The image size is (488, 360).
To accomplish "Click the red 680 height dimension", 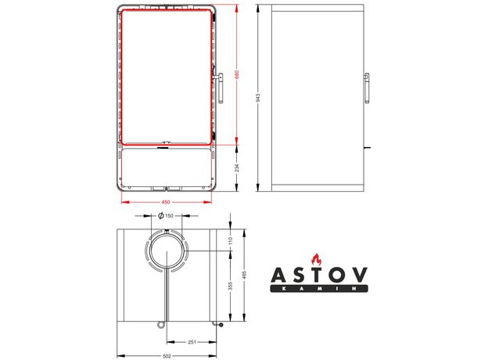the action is [x=236, y=74].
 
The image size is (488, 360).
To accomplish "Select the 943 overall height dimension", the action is [x=258, y=98].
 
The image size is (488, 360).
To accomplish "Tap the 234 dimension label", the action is [x=237, y=168].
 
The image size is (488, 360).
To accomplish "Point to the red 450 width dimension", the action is [x=166, y=202].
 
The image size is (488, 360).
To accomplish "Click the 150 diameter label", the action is [x=169, y=215].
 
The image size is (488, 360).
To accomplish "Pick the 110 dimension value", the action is [x=230, y=240].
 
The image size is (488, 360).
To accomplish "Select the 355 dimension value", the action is [x=230, y=286].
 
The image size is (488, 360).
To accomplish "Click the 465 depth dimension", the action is [x=244, y=275].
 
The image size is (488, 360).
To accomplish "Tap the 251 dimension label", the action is [x=192, y=342].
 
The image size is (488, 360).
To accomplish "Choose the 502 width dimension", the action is [x=167, y=356].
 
